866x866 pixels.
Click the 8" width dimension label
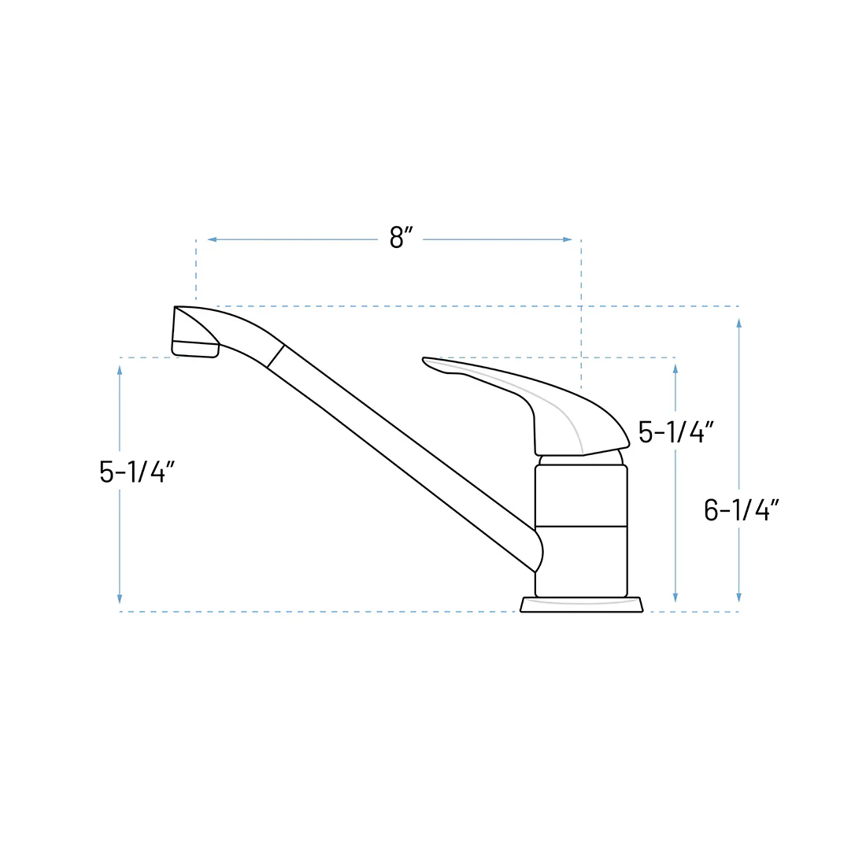401,238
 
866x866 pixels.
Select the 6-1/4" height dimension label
742,510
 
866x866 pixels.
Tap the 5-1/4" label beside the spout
137,472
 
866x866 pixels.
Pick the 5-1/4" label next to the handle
676,432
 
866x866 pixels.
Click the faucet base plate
582,604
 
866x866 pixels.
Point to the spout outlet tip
195,349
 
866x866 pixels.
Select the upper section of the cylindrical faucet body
581,495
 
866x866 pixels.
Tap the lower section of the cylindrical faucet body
581,561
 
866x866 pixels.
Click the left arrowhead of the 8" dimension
212,239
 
